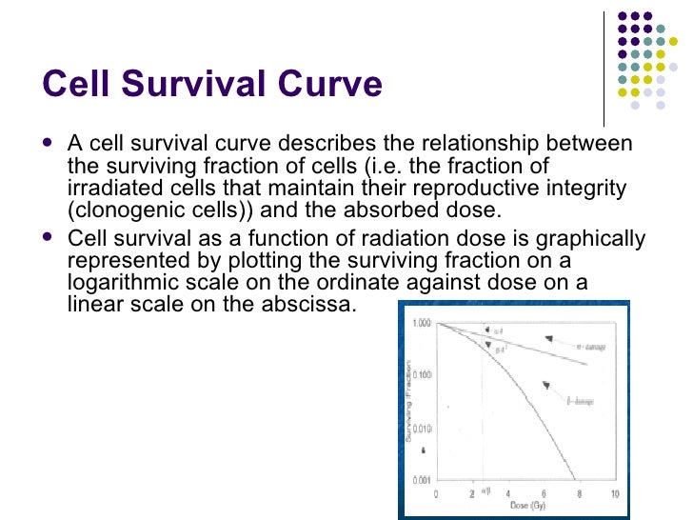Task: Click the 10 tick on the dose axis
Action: coord(615,494)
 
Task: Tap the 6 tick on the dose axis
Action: coord(544,494)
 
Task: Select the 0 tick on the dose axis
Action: coord(436,494)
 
